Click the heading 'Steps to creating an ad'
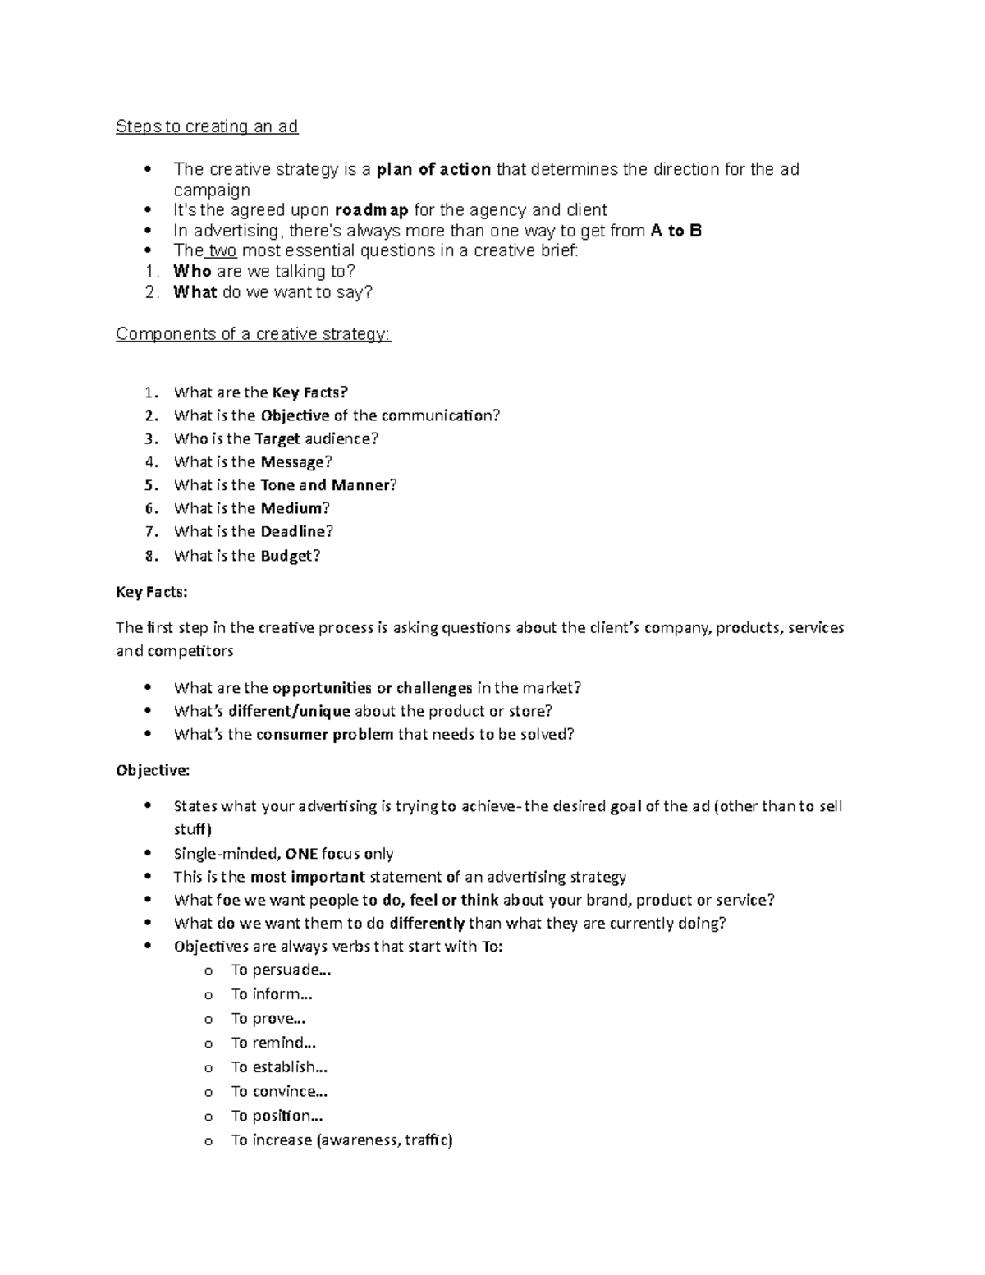[x=207, y=126]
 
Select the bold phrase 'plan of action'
[x=433, y=170]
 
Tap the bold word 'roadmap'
[x=372, y=210]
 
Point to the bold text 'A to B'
[x=676, y=231]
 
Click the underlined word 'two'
[x=222, y=251]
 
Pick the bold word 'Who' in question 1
[x=192, y=272]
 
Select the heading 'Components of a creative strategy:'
[x=254, y=335]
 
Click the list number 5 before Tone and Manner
[x=150, y=485]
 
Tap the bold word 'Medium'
[x=291, y=508]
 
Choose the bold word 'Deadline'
[x=293, y=531]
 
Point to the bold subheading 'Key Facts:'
[x=152, y=592]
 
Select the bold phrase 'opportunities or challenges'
[x=372, y=688]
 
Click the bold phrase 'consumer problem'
[x=325, y=734]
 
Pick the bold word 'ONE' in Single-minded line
[x=300, y=854]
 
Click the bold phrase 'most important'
[x=307, y=877]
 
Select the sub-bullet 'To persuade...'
[x=281, y=970]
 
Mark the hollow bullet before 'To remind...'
[x=208, y=1044]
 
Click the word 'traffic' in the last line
[x=427, y=1140]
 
